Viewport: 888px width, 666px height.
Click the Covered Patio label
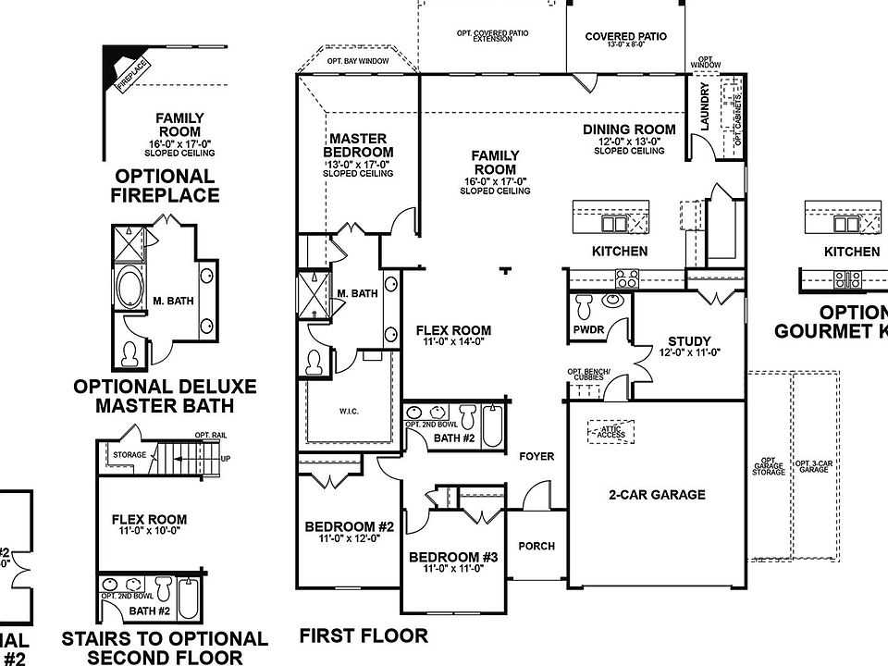tap(625, 37)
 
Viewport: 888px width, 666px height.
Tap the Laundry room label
tap(705, 106)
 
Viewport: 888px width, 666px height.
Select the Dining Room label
tap(629, 129)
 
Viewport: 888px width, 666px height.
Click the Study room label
tap(689, 340)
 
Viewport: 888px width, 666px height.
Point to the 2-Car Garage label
tap(657, 495)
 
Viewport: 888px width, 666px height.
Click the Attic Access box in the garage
tap(610, 431)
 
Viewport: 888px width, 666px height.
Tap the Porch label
tap(536, 546)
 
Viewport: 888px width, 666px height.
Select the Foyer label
tap(536, 457)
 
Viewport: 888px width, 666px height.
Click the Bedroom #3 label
tap(453, 557)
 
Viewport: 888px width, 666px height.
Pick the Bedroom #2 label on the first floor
tap(350, 527)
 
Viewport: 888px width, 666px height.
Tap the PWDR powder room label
tap(587, 330)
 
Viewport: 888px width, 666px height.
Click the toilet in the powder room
tap(585, 305)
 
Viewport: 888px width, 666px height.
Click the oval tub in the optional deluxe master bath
tap(129, 289)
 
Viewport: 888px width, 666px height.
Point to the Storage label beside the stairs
tap(129, 456)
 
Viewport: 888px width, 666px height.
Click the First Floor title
tap(364, 636)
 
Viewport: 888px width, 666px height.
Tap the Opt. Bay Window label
tap(358, 61)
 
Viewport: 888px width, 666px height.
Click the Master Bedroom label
tap(358, 145)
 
